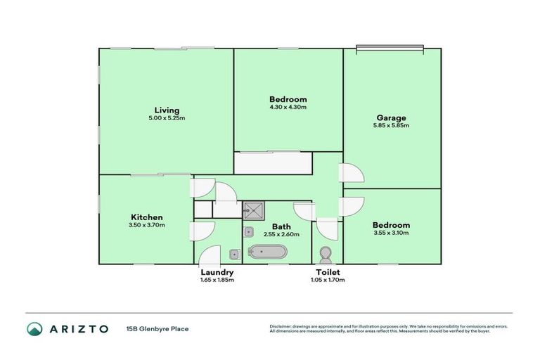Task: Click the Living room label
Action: pos(167,110)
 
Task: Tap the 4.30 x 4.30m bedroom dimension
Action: pos(288,108)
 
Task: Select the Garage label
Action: pos(391,117)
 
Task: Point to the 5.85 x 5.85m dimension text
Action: pos(391,126)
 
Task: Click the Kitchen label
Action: pos(147,217)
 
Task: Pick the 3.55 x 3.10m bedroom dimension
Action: pos(391,233)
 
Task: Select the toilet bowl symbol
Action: pos(326,253)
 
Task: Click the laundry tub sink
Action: pos(234,255)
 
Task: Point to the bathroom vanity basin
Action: pos(249,232)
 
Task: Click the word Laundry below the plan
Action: pos(217,272)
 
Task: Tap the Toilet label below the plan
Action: pos(328,272)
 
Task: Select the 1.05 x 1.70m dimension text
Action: pos(328,280)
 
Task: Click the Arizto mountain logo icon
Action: pos(34,328)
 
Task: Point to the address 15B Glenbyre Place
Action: pos(157,328)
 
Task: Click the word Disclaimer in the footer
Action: pos(280,326)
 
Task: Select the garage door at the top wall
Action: pos(390,49)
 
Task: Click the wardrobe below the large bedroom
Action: pos(274,164)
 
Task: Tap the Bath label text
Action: pos(281,226)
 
